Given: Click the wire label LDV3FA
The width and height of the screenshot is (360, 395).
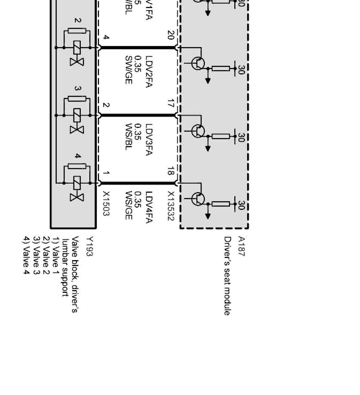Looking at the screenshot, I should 149,140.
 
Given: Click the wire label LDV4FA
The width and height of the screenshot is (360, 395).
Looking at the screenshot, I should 149,207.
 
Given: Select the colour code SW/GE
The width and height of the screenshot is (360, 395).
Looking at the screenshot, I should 128,70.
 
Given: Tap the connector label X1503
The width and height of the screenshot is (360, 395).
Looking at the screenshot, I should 106,204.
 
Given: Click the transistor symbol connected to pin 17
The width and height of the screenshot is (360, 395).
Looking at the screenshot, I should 198,131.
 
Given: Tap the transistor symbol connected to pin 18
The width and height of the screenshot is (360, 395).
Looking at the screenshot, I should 198,199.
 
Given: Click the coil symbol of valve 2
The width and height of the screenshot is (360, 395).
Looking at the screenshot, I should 77,48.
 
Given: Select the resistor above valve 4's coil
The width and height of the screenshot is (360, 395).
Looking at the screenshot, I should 77,166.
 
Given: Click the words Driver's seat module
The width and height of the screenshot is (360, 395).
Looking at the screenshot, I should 227,276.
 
